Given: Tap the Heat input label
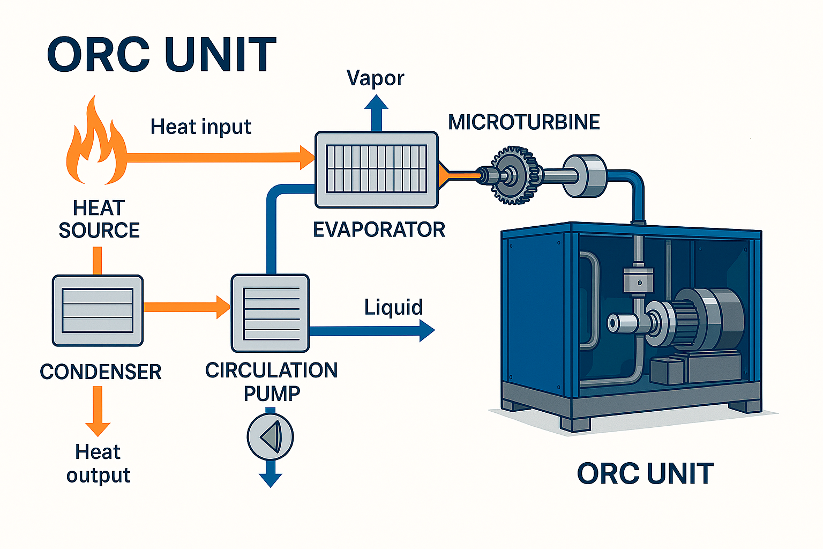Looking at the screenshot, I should pos(200,127).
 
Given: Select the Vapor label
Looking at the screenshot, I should pos(375,78).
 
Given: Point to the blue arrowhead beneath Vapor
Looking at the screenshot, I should pos(376,104).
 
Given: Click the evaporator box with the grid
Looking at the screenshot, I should pos(376,169).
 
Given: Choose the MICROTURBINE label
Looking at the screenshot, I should pos(523,122).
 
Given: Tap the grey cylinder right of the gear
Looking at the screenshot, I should pos(585,175).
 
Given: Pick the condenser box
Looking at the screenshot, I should pos(98,310).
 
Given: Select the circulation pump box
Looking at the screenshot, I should pos(270,313).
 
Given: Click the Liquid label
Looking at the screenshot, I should pos(393,307).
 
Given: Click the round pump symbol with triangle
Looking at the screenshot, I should pos(270,436).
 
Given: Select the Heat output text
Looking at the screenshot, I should pos(98,463).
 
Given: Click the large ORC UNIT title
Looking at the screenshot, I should pos(161,55).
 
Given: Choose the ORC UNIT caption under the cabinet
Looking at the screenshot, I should pos(645,474).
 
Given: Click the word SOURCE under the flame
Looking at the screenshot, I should pos(99,231).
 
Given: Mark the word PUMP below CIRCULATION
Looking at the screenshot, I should pos(272,394).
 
